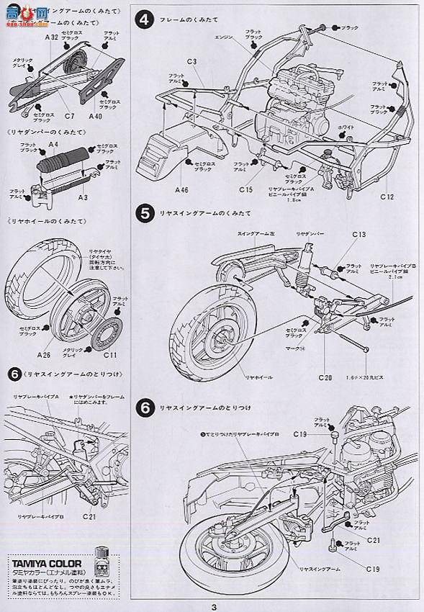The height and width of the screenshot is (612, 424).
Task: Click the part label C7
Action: [69, 115]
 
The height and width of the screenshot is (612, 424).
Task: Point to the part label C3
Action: [191, 63]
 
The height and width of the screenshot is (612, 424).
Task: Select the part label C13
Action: [360, 235]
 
